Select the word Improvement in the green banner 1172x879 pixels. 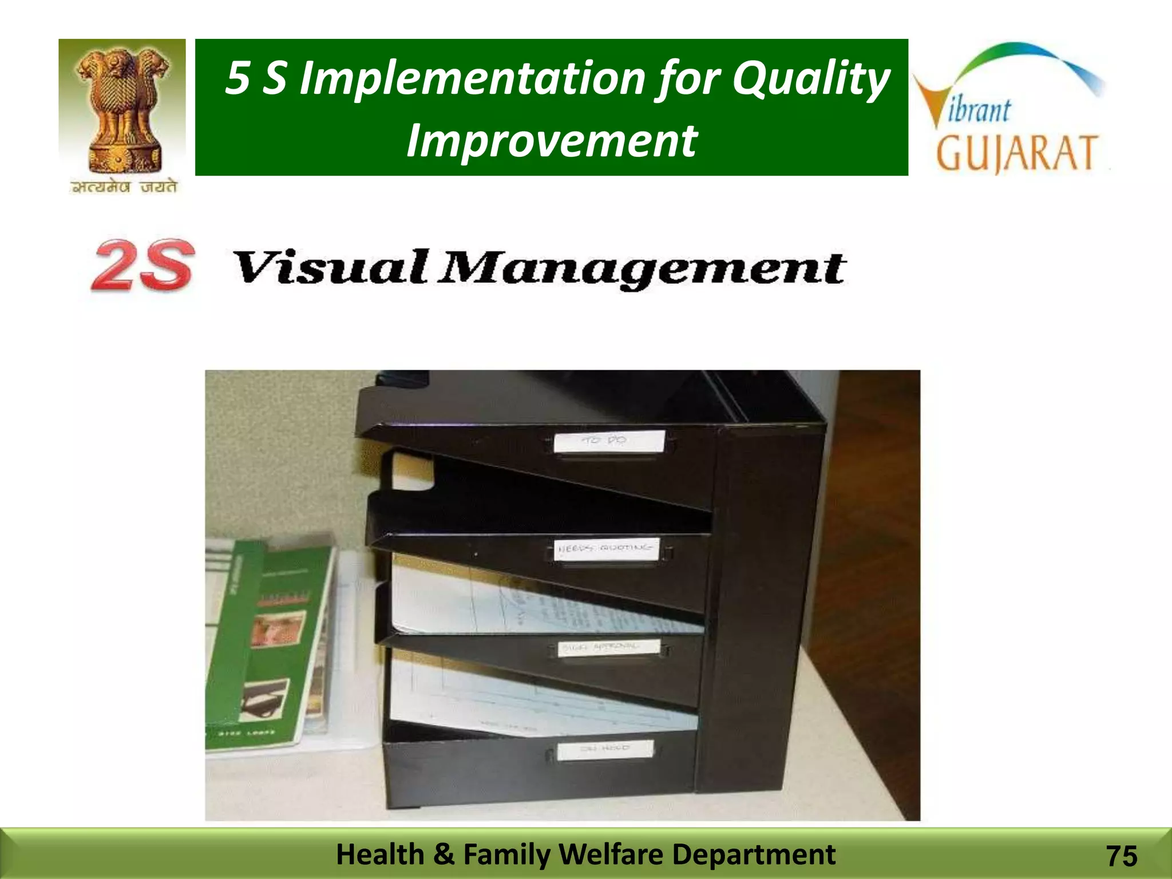[x=551, y=141]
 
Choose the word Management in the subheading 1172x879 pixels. [x=642, y=269]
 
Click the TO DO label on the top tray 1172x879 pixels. [x=609, y=441]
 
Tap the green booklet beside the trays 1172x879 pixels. [x=269, y=647]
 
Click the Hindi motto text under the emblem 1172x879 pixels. [x=123, y=187]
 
